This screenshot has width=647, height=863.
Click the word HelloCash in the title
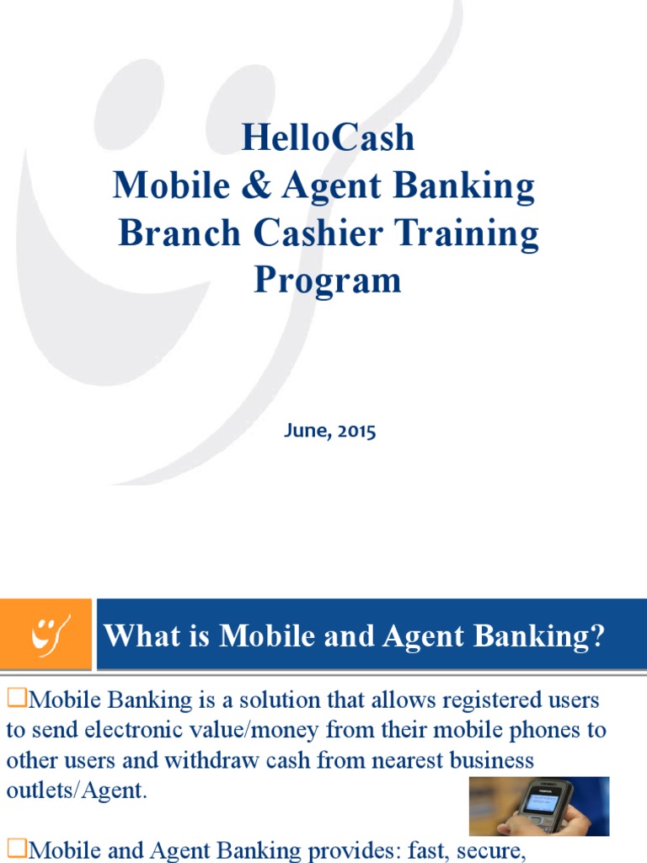point(328,138)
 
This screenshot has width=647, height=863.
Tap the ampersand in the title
point(259,186)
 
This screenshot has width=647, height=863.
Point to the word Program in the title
point(328,281)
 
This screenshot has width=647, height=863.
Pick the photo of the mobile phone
point(539,807)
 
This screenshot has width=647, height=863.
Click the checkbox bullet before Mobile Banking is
point(17,698)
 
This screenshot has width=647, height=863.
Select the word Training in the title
point(475,233)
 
